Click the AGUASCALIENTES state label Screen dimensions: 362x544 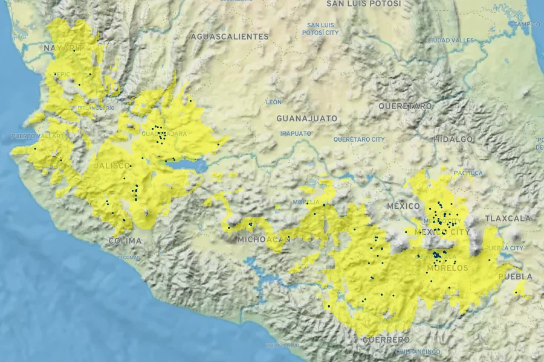(x=229, y=37)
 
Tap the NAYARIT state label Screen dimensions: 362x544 (x=63, y=48)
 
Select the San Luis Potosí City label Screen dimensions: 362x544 (x=320, y=29)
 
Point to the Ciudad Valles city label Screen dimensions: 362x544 (x=450, y=40)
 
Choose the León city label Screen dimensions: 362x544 (x=274, y=102)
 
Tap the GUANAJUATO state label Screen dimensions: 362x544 (x=307, y=118)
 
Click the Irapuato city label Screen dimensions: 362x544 (x=296, y=133)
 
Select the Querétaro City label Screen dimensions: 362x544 (x=358, y=139)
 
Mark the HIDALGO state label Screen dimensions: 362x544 (x=453, y=139)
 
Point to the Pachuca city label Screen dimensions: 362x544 (x=468, y=173)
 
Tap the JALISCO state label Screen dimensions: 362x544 (x=112, y=165)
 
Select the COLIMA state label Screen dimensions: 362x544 (x=125, y=241)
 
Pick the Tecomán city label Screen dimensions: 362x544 (x=129, y=258)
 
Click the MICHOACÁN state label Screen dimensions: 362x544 (x=264, y=240)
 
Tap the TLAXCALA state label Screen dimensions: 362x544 (x=508, y=218)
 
